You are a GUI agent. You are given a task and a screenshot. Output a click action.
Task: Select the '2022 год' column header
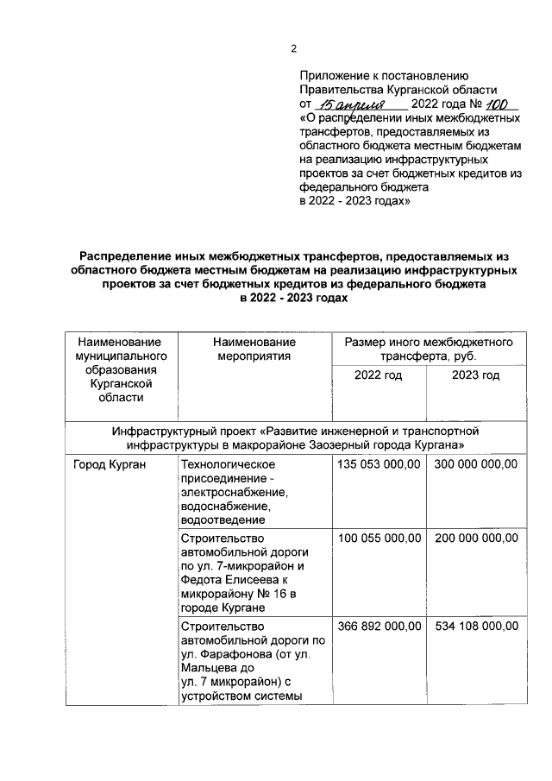coord(378,375)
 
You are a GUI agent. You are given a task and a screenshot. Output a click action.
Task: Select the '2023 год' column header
coord(475,375)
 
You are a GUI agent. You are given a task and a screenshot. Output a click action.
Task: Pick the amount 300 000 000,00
coord(475,464)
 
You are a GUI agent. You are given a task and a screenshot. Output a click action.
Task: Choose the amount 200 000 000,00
coord(475,538)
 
